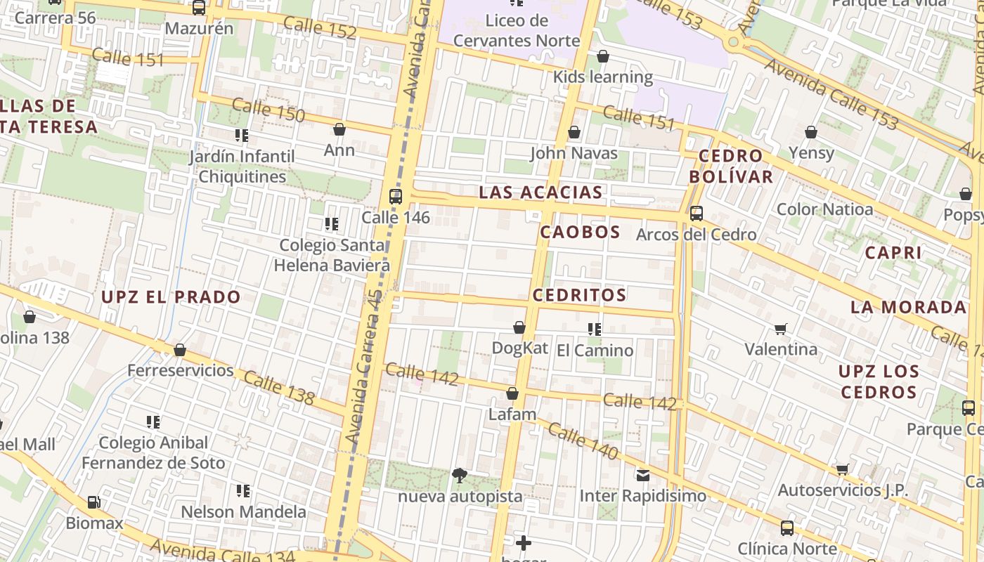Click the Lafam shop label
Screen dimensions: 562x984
pos(512,414)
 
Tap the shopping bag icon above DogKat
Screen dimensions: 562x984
pos(519,327)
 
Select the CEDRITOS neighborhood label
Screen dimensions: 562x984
pos(579,295)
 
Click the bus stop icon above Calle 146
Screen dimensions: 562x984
pos(396,196)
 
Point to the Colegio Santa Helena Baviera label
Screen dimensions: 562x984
pos(332,255)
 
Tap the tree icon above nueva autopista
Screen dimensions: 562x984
pos(460,476)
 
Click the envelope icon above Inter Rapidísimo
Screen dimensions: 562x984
pos(642,475)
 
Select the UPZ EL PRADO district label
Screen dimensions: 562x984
pos(171,296)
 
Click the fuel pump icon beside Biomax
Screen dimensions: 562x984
pos(93,502)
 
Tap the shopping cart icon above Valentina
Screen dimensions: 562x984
pos(780,328)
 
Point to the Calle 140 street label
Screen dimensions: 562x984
pos(582,442)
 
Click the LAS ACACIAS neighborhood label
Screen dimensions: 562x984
pos(540,192)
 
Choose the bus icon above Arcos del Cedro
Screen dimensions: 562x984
pos(697,213)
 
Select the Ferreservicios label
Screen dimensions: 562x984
pos(180,370)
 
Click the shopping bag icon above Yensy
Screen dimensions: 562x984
pos(811,132)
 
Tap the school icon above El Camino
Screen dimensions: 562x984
pos(595,329)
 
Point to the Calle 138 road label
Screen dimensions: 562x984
pos(279,388)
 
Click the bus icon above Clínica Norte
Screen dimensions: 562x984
pos(787,528)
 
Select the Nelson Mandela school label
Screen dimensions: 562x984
pos(243,511)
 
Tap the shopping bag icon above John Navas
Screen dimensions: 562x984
pos(574,132)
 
